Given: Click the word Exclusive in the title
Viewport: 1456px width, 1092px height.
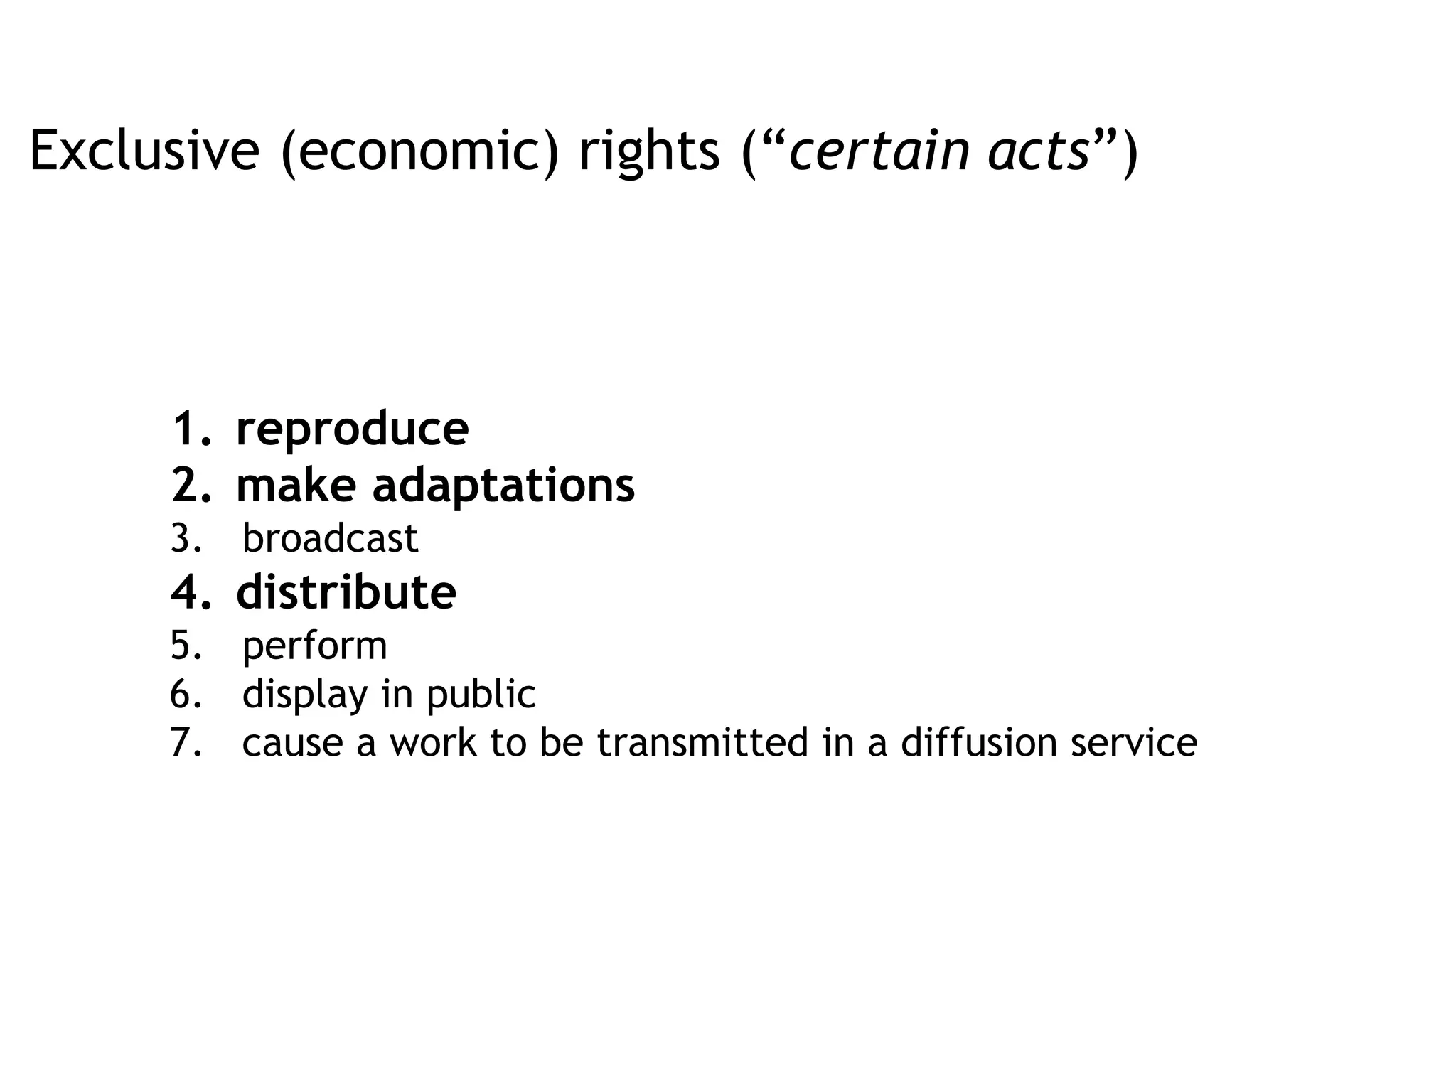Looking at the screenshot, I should [x=144, y=151].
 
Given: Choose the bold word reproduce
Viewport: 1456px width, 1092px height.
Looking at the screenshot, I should [x=352, y=429].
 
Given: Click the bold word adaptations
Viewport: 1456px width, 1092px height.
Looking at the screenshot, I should [x=503, y=486].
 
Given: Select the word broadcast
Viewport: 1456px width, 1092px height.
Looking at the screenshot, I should [x=330, y=538].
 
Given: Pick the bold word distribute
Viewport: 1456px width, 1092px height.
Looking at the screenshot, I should [x=346, y=592].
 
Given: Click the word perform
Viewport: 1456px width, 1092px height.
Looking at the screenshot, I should [x=315, y=646].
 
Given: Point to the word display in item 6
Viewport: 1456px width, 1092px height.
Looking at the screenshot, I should [x=305, y=695].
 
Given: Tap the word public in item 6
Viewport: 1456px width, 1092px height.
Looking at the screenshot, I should [x=481, y=695].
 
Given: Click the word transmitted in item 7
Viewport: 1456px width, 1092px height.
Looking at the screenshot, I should [x=702, y=743].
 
